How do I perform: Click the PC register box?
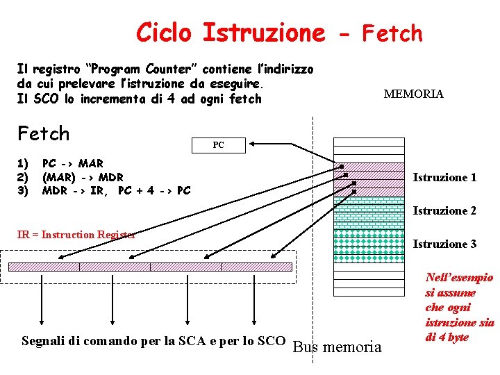(x=218, y=145)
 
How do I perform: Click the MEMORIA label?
(x=413, y=94)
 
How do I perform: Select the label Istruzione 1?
(x=444, y=178)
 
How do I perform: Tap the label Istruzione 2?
(x=444, y=211)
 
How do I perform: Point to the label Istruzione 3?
(x=444, y=244)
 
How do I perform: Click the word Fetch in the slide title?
(x=392, y=33)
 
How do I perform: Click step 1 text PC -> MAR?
(x=72, y=164)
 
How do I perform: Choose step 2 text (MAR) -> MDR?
(x=83, y=177)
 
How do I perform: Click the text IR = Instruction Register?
(x=76, y=235)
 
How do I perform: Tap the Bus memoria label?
(x=338, y=347)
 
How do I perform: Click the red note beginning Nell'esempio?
(x=459, y=308)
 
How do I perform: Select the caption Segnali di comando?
(x=153, y=341)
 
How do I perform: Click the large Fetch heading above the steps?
(x=44, y=133)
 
